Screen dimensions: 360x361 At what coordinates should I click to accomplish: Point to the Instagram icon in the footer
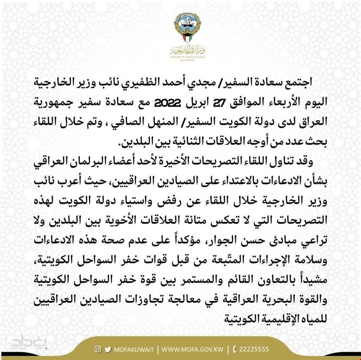97,349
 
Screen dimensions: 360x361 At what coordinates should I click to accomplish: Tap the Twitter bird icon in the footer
108,349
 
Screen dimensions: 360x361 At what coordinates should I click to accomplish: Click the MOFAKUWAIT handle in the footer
134,350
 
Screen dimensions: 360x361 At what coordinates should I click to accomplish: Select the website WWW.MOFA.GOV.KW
193,350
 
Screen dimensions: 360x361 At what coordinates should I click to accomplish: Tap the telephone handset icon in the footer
235,350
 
